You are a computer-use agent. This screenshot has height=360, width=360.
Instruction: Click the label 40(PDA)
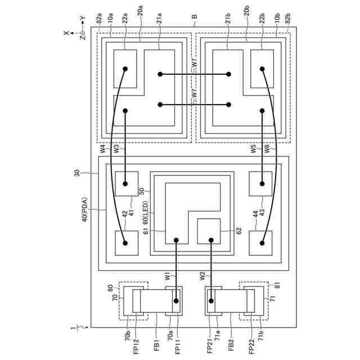85,210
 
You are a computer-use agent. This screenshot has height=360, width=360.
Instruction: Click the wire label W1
168,276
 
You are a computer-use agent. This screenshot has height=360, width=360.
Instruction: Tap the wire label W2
202,276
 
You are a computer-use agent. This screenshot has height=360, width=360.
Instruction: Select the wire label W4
103,148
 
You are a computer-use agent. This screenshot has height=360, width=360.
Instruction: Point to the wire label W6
267,148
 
